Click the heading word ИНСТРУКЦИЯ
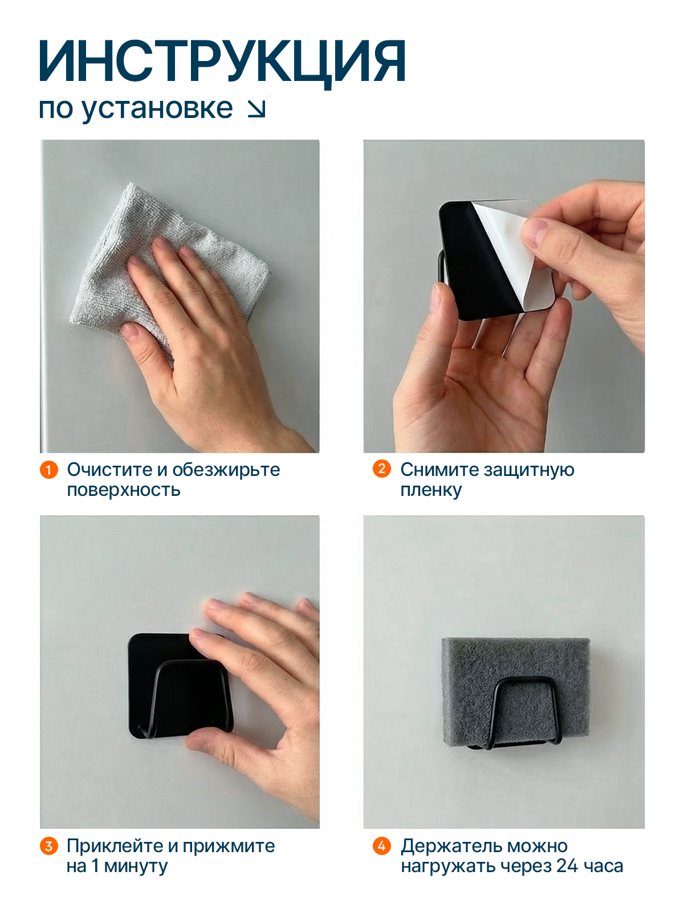(223, 62)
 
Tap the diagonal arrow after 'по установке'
(256, 109)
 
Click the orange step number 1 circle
(48, 470)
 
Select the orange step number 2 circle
(382, 469)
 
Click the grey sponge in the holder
(515, 692)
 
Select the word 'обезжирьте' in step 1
(226, 470)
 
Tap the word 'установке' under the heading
(157, 109)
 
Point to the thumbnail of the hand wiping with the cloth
(180, 296)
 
